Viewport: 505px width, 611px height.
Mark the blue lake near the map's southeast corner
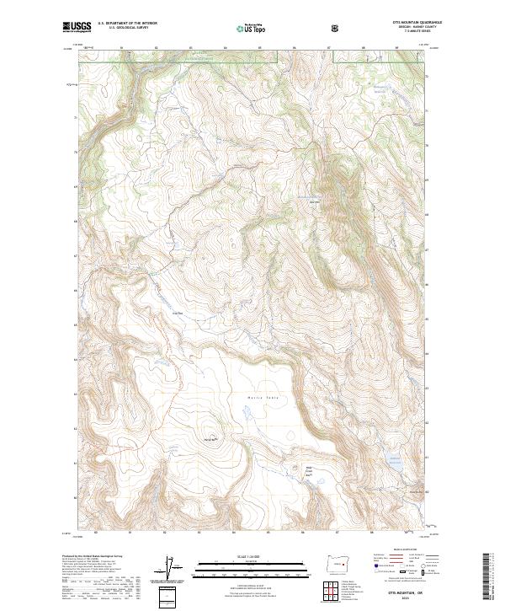pos(391,460)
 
